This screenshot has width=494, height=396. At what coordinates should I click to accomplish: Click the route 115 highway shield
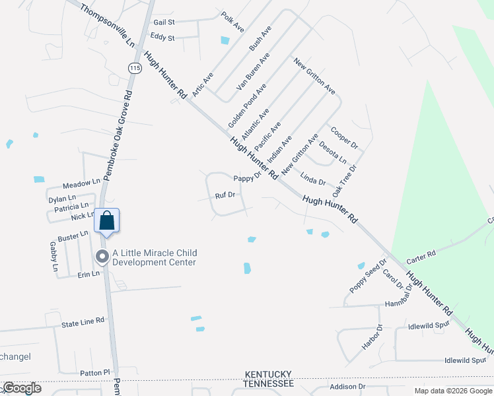pos(135,68)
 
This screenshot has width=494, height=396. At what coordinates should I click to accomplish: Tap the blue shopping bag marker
pos(106,221)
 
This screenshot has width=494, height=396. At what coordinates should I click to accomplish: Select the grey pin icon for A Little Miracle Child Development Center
pos(102,257)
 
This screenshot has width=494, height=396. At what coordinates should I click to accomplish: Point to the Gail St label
pos(164,21)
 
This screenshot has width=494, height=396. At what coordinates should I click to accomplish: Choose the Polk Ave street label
pos(233,22)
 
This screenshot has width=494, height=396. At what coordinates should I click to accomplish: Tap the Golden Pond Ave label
pos(247,106)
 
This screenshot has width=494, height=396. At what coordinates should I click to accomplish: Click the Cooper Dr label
pos(343,137)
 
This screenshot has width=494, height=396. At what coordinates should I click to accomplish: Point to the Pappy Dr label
pos(248,178)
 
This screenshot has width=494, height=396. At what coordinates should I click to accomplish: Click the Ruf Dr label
pos(225,195)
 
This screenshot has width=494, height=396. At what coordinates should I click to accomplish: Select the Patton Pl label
pos(94,373)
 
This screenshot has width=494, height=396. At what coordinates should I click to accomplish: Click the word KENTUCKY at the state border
pos(267,374)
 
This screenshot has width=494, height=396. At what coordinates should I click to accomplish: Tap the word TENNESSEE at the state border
pos(267,383)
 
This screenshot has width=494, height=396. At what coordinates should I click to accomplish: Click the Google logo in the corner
pos(22,387)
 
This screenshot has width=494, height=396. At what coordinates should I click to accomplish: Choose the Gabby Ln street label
pos(53,257)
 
